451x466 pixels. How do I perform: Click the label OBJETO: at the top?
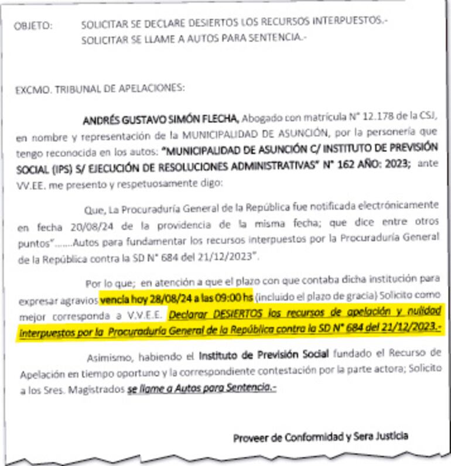33,25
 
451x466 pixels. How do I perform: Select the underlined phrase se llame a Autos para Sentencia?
201,388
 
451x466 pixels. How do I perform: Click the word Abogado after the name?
259,120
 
